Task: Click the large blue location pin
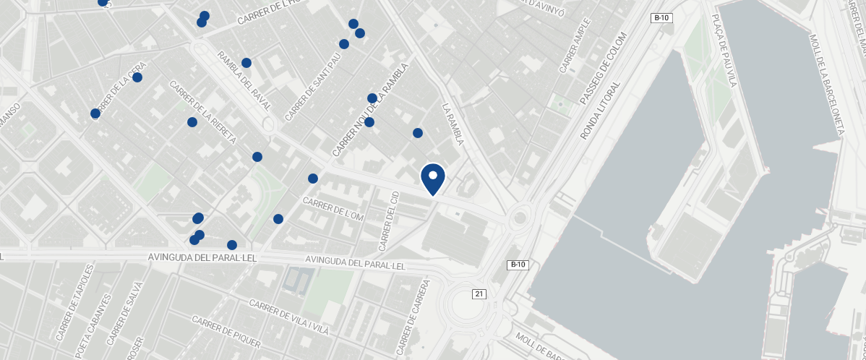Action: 432,178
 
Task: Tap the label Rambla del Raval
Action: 244,81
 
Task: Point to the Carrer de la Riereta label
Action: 202,112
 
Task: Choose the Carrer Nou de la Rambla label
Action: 370,110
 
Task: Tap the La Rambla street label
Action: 452,123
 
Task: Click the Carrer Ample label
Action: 575,45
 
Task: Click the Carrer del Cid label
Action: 388,221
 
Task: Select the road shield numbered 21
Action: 479,293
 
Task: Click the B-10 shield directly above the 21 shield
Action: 518,265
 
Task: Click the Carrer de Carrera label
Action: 418,317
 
